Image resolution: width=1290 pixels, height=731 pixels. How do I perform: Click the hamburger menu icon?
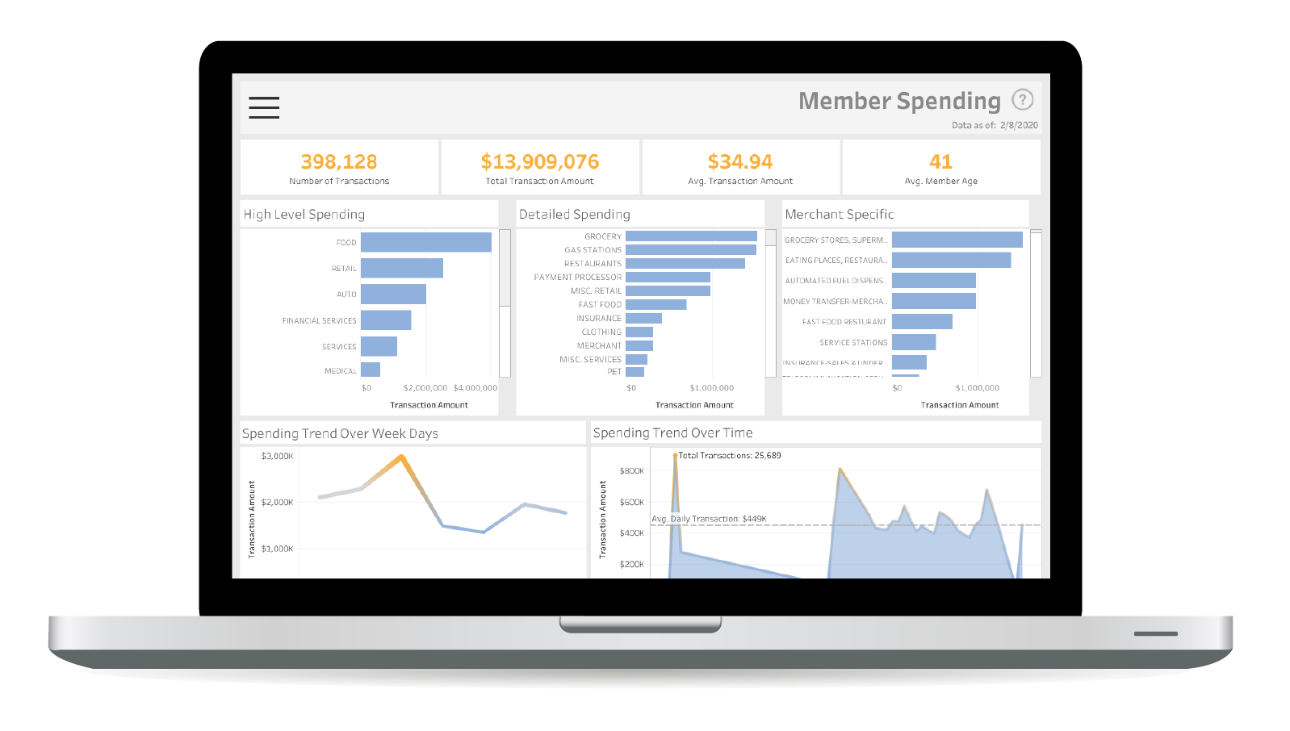[x=264, y=107]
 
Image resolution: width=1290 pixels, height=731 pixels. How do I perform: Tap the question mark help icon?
[x=1022, y=99]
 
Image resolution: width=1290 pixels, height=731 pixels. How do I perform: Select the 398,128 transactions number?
[x=339, y=162]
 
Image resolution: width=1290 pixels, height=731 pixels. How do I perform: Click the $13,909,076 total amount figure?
[x=540, y=162]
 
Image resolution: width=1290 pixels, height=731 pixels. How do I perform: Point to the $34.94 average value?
[x=740, y=162]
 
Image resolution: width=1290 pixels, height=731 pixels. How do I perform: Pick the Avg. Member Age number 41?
[x=940, y=162]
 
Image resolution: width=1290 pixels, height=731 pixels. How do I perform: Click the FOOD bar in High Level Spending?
[x=425, y=242]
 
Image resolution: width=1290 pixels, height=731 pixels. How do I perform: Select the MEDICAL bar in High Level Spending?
[x=371, y=370]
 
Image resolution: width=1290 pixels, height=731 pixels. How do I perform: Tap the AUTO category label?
[x=346, y=294]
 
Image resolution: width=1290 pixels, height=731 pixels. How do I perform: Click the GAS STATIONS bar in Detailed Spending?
[x=690, y=250]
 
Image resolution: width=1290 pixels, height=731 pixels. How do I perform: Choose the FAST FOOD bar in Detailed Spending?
[x=655, y=304]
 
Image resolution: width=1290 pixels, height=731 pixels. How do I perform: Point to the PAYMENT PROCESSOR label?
[x=577, y=277]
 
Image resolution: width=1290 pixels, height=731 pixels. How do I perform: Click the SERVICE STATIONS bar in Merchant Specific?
[x=913, y=342]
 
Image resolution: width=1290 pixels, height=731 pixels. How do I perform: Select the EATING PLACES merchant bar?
[x=951, y=260]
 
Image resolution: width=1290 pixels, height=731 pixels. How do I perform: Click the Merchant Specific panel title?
[x=839, y=215]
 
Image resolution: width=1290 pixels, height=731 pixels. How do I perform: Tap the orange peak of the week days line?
[x=401, y=457]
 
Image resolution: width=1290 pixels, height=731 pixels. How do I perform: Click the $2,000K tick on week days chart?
[x=277, y=502]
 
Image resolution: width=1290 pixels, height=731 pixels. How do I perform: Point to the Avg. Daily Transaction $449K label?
[x=709, y=519]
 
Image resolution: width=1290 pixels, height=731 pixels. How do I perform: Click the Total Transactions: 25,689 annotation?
[x=730, y=455]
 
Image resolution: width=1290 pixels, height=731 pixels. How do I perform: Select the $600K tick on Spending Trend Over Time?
[x=631, y=502]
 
